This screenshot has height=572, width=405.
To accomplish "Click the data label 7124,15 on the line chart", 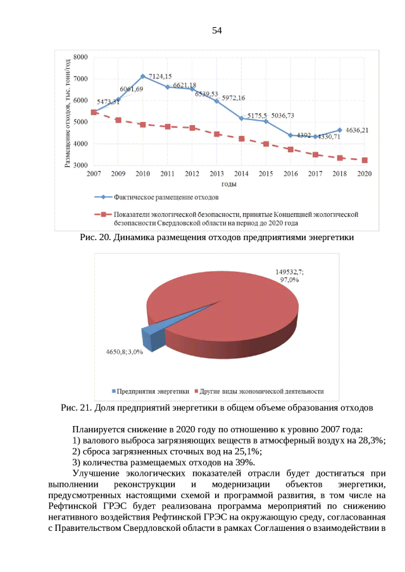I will click(160, 76).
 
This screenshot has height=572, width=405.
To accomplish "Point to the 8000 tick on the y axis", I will click(80, 57).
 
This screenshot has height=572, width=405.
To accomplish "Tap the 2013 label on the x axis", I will click(216, 173).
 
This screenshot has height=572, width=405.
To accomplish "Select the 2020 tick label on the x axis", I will click(364, 173).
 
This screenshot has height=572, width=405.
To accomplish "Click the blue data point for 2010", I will click(143, 76).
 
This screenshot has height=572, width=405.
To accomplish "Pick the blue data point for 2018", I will click(340, 130).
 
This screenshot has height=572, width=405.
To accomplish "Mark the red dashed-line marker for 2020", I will click(364, 160).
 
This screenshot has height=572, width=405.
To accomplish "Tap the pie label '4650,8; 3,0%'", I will click(120, 351).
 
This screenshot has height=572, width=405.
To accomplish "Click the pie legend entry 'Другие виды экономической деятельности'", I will click(263, 391).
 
